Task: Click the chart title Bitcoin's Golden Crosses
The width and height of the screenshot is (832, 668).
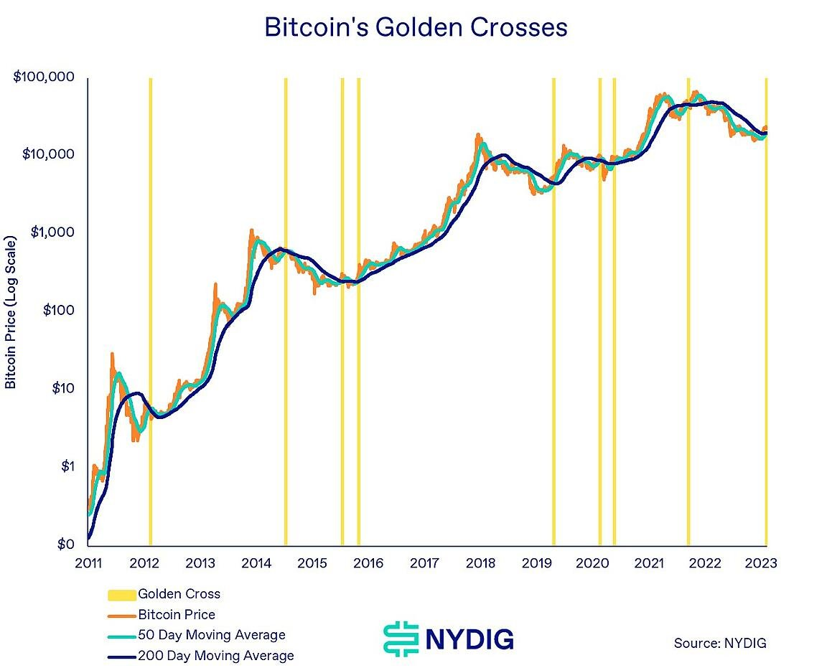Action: point(416,27)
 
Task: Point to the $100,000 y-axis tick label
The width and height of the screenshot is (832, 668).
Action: point(44,77)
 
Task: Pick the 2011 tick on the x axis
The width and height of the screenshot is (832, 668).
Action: point(88,563)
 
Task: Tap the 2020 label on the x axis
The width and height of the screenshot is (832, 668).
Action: point(592,563)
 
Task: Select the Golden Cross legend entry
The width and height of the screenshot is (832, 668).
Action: point(179,594)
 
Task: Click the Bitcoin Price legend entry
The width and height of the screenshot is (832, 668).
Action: point(176,615)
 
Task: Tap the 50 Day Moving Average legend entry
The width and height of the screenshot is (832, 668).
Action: point(211,635)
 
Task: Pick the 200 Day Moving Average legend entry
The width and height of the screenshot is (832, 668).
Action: point(215,656)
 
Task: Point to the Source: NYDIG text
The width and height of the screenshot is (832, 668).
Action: point(720,643)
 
